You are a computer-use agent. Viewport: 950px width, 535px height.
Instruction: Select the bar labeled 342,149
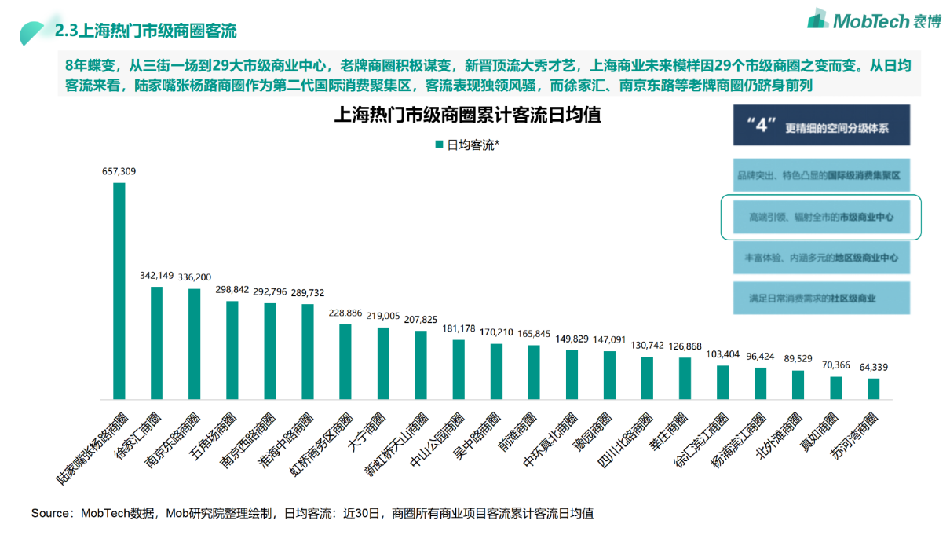click(x=157, y=344)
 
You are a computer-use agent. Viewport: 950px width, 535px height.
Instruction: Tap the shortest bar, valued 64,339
click(x=874, y=390)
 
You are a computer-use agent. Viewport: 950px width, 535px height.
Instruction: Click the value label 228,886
click(x=345, y=313)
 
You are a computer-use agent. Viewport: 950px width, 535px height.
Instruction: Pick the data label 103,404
click(x=722, y=354)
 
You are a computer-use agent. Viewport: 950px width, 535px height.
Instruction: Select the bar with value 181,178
click(x=459, y=370)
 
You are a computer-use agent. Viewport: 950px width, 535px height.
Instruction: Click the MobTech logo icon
click(x=817, y=19)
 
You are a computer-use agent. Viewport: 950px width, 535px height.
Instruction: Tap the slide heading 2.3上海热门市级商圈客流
click(x=145, y=31)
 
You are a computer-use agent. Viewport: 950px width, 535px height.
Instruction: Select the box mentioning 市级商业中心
click(x=820, y=215)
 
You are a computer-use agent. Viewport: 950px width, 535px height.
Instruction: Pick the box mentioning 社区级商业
click(x=820, y=299)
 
